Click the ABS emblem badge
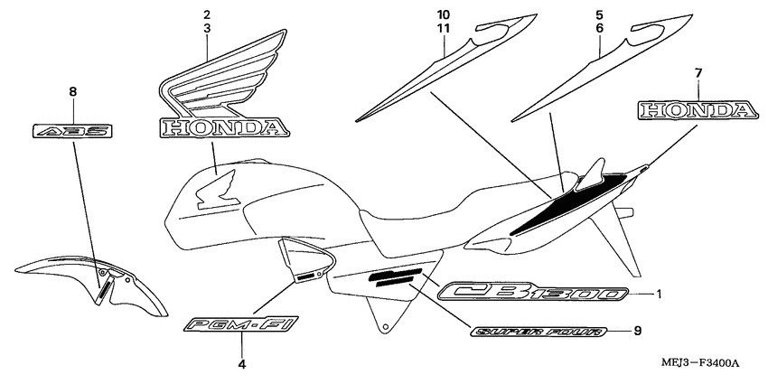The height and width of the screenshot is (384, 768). point(73,131)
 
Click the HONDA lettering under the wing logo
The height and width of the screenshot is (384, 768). point(220,129)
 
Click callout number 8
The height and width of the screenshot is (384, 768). point(73,91)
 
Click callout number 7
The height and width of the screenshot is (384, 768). point(699,71)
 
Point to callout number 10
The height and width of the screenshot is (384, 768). point(442,15)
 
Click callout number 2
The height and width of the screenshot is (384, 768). point(207,15)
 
